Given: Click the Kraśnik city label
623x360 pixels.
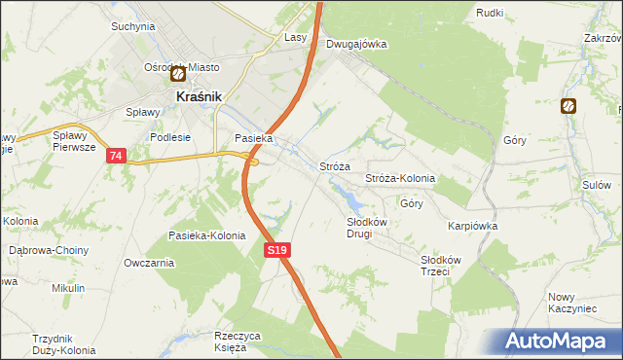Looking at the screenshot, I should tap(200, 97).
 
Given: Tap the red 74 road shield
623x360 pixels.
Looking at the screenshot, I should tap(117, 157).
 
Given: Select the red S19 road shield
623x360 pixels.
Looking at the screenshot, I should tap(277, 251).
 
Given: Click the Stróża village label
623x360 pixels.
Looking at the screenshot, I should tap(335, 166).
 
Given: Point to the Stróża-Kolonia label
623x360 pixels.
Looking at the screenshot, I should tap(399, 179).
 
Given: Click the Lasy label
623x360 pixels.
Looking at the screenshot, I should tap(296, 37).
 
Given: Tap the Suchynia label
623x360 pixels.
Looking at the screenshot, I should tap(133, 26).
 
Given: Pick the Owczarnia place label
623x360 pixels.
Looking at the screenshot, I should tap(149, 263).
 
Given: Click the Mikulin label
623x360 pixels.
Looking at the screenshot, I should tap(69, 288).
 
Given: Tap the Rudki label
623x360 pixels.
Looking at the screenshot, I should tap(490, 13).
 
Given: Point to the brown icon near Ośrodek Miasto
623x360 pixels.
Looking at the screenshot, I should tap(178, 73).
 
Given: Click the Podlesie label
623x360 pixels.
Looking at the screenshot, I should tap(168, 137).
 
